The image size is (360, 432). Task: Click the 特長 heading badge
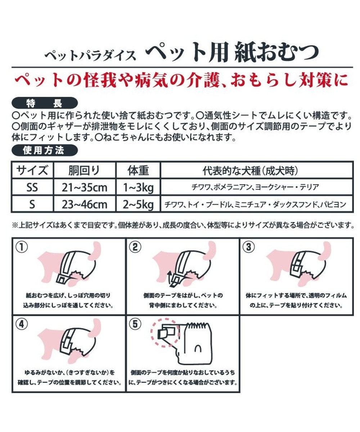pyautogui.click(x=45, y=103)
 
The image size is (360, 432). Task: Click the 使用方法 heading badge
pyautogui.click(x=45, y=151)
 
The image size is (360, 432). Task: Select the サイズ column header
pyautogui.click(x=32, y=170)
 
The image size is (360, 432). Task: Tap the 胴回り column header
pyautogui.click(x=84, y=170)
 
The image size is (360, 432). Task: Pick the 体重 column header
pyautogui.click(x=138, y=170)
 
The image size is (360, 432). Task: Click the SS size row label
pyautogui.click(x=32, y=188)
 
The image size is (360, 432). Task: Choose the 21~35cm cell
pyautogui.click(x=84, y=188)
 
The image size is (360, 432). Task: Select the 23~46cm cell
pyautogui.click(x=84, y=205)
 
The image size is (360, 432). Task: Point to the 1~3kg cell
pyautogui.click(x=138, y=188)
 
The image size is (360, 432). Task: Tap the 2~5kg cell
pyautogui.click(x=138, y=205)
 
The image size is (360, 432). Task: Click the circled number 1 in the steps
pyautogui.click(x=22, y=247)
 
